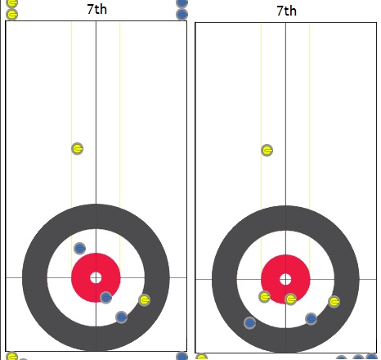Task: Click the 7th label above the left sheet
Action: pos(97,9)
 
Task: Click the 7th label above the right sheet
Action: pos(287,11)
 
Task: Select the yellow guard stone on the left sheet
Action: pos(78,149)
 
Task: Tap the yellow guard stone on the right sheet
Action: pos(267,151)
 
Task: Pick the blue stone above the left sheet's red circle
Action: pos(80,249)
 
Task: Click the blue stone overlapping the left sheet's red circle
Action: pos(106,298)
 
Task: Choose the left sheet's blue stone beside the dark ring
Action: pos(122,317)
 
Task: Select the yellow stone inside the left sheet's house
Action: pos(145,300)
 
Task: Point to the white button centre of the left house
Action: pos(96,278)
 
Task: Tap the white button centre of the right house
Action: pos(285,280)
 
